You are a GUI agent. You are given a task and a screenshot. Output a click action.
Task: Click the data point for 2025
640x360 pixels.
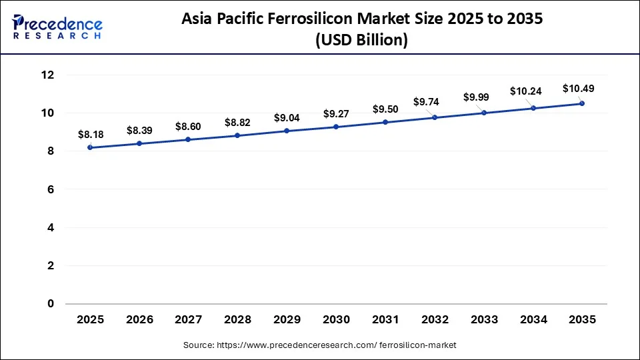[90, 147]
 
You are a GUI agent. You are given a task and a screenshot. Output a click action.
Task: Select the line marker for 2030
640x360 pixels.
[336, 127]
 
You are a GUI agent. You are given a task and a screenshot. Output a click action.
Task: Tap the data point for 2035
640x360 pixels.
[582, 103]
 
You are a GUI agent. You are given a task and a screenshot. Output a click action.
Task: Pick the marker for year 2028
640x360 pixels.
[237, 135]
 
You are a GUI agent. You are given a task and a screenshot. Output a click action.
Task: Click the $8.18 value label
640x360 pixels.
[91, 135]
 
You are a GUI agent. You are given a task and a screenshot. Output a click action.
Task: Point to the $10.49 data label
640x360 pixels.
[578, 88]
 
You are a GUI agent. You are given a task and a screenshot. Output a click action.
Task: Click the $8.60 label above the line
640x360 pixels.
[189, 126]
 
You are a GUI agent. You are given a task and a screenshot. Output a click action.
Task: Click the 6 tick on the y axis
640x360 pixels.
[51, 190]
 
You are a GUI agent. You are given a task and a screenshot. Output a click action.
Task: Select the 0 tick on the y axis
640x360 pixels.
[51, 304]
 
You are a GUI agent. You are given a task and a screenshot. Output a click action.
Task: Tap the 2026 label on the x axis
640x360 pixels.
[139, 320]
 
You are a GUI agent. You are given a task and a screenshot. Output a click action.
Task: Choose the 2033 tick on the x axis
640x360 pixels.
[484, 320]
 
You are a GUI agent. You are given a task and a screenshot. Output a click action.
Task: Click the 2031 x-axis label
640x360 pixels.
[385, 320]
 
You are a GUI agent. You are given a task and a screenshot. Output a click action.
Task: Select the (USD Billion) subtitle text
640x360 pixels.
[361, 40]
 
